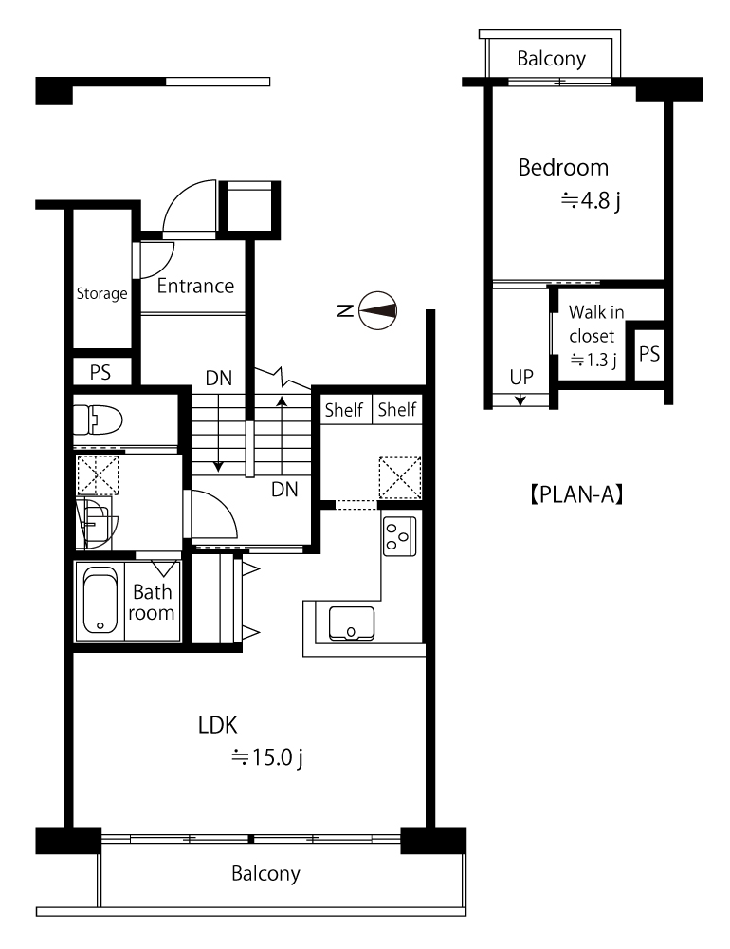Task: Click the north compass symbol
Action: pyautogui.click(x=377, y=311)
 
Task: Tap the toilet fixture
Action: pyautogui.click(x=98, y=419)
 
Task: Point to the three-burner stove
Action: pyautogui.click(x=399, y=536)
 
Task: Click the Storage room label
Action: pyautogui.click(x=101, y=293)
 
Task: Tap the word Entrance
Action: pyautogui.click(x=195, y=286)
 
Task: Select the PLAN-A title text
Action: pyautogui.click(x=577, y=494)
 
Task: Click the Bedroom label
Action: pyautogui.click(x=563, y=168)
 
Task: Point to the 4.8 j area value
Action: pyautogui.click(x=591, y=200)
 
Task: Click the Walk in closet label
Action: pyautogui.click(x=595, y=324)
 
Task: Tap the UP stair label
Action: pyautogui.click(x=521, y=377)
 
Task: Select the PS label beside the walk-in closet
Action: pyautogui.click(x=649, y=354)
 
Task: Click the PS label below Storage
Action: pyautogui.click(x=100, y=372)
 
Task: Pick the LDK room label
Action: pyautogui.click(x=218, y=725)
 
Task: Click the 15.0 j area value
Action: pyautogui.click(x=267, y=757)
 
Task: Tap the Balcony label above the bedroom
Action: pyautogui.click(x=551, y=59)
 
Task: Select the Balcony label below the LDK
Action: pyautogui.click(x=265, y=873)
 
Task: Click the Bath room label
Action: pyautogui.click(x=152, y=603)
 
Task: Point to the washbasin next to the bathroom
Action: pyautogui.click(x=96, y=524)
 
